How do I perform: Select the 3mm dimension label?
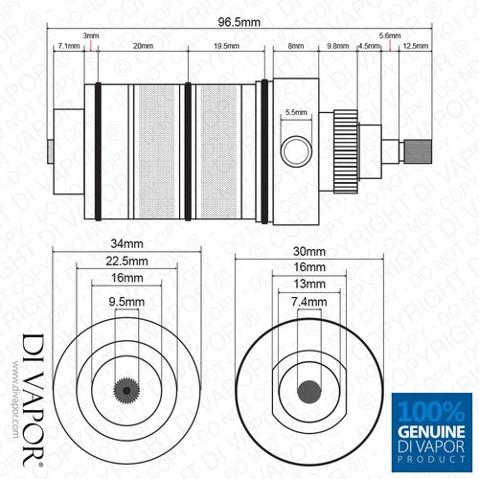pyautogui.click(x=90, y=35)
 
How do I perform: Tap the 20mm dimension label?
pyautogui.click(x=144, y=46)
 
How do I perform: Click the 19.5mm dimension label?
pyautogui.click(x=226, y=46)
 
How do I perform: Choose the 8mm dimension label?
pyautogui.click(x=295, y=46)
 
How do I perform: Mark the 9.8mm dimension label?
pyautogui.click(x=337, y=46)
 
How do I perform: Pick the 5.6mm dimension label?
pyautogui.click(x=389, y=35)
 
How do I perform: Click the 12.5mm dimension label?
pyautogui.click(x=415, y=46)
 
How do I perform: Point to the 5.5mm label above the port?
pyautogui.click(x=296, y=113)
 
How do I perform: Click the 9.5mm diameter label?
pyautogui.click(x=121, y=302)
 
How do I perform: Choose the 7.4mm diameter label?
pyautogui.click(x=309, y=302)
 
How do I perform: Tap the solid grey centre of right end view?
pyautogui.click(x=309, y=391)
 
